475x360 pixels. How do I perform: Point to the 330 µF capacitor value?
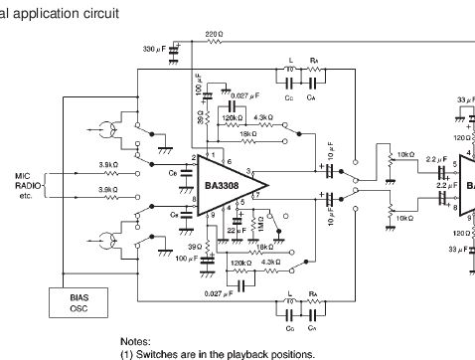(x=157, y=47)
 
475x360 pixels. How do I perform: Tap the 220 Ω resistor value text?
(x=214, y=35)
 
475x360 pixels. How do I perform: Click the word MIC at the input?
(x=23, y=176)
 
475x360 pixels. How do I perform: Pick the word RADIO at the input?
(x=27, y=186)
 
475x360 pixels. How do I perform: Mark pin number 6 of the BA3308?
(x=230, y=161)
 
